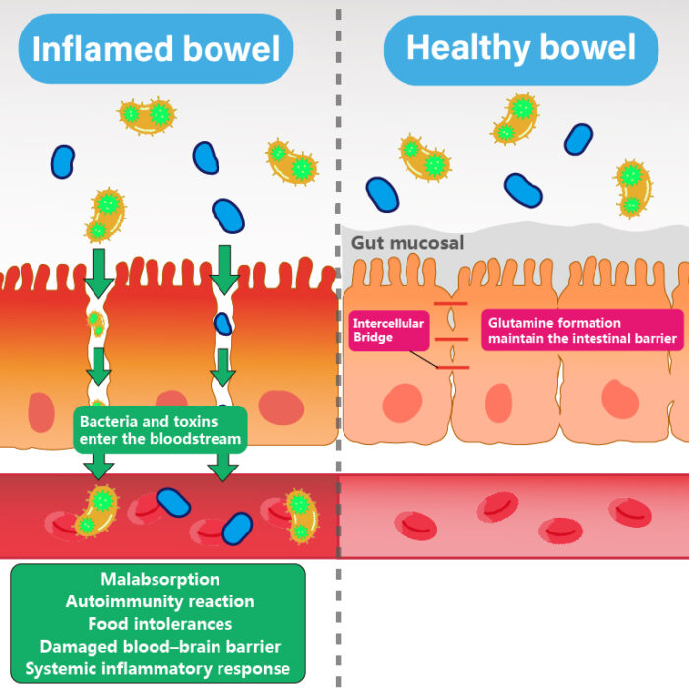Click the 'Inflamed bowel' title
pos(156,48)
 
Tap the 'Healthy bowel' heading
pos(521,48)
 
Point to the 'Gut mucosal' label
pos(407,242)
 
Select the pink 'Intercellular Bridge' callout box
pos(389,330)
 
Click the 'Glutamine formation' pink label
pos(582,330)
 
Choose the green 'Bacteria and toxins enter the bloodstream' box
pos(158,428)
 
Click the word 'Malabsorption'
pos(159,579)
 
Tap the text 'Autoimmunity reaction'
pos(159,601)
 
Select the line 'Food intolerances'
pos(159,624)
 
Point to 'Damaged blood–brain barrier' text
pos(159,647)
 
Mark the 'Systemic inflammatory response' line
pos(159,669)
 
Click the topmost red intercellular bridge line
pos(450,305)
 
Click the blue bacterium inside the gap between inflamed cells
pos(223,322)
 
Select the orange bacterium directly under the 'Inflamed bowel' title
pos(146,115)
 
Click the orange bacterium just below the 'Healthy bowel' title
pos(515,117)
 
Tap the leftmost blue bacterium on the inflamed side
pos(63,160)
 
